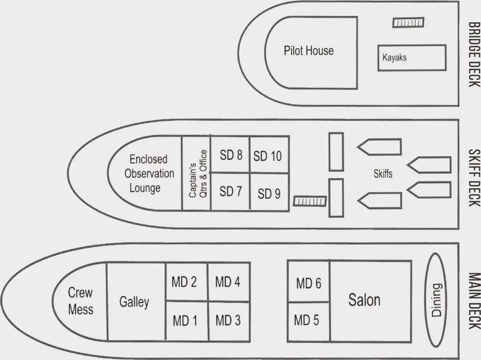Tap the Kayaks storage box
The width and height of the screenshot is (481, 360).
point(411,58)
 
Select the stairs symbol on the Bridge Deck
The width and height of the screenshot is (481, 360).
point(408,23)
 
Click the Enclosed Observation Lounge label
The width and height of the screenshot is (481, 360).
point(148,174)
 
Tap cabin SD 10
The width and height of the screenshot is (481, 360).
point(268,156)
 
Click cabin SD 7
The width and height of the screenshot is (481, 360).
point(230,191)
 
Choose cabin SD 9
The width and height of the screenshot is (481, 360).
point(269,194)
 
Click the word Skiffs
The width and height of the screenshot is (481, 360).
point(383,174)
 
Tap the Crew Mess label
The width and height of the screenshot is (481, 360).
point(80,301)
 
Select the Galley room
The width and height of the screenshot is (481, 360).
point(135,302)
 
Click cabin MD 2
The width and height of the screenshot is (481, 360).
point(185,282)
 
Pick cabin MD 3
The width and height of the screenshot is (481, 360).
point(228,320)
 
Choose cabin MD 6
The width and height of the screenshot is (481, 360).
point(308,283)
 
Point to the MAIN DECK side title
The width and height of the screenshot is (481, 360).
point(473,302)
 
